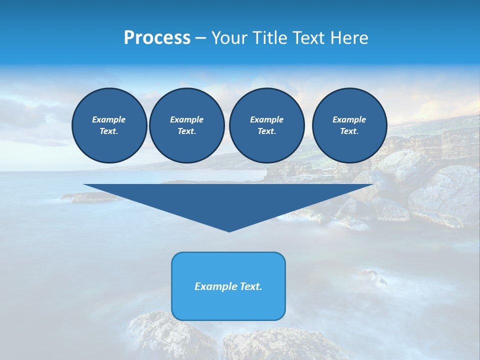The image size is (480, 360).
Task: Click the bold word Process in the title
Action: [x=157, y=38]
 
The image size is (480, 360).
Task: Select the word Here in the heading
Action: [x=349, y=38]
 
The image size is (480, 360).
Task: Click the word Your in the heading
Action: [x=229, y=38]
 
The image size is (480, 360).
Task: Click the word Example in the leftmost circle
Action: [x=109, y=119]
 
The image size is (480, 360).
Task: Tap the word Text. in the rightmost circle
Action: [x=349, y=131]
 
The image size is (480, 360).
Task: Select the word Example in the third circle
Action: [x=267, y=119]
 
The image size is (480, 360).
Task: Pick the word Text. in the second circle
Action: [x=187, y=131]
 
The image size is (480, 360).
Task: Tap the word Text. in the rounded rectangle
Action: [x=250, y=286]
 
